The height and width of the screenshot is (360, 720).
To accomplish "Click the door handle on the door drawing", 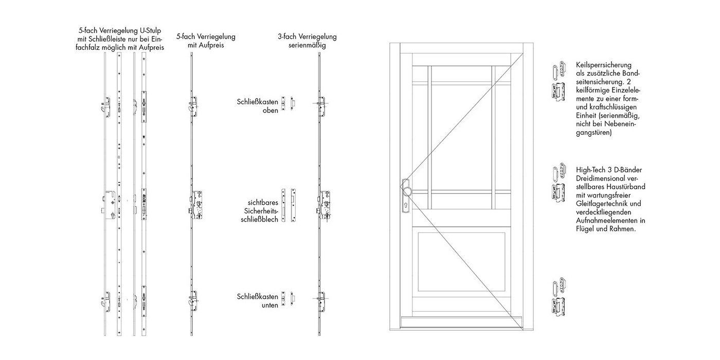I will point(406,188).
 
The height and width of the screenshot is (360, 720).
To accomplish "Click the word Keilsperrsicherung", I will point(603,65).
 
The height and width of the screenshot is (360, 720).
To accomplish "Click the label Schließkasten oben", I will point(257,106).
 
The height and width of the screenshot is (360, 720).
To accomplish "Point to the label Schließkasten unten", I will point(257,301).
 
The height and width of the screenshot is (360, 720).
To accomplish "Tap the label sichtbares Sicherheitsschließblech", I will point(261,211).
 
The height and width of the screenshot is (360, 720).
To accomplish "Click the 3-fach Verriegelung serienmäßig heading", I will point(307,41).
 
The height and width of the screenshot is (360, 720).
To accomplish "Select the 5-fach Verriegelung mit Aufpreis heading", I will point(206,41).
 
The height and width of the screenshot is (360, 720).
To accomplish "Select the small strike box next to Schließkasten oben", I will point(291,103).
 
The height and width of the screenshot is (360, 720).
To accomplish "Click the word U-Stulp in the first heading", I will point(153,31).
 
